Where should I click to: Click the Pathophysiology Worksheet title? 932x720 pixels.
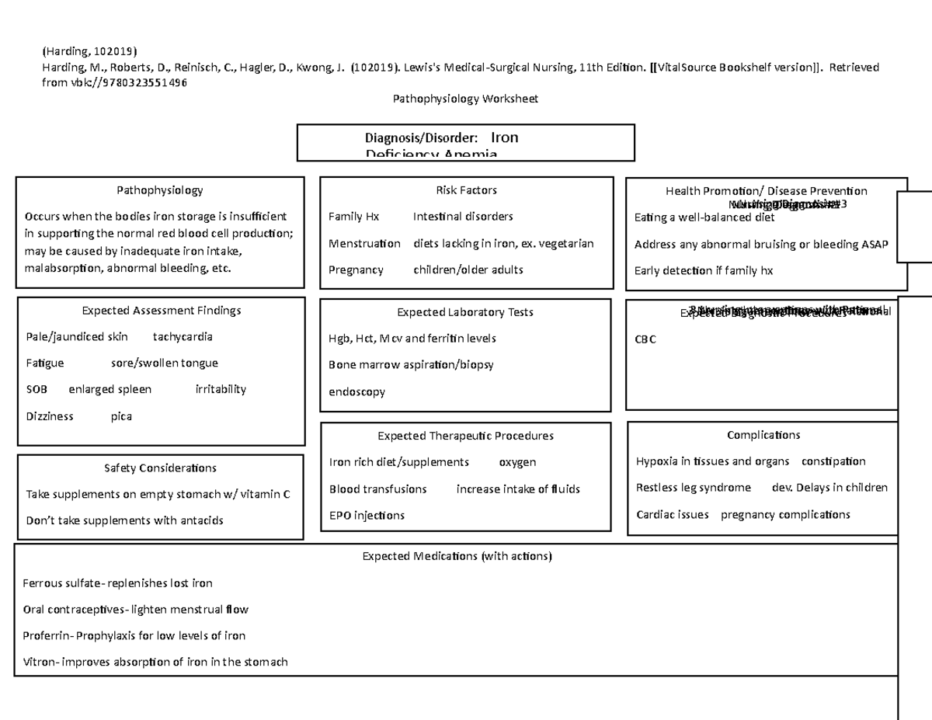pyautogui.click(x=465, y=99)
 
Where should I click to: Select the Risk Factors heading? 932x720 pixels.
pyautogui.click(x=466, y=190)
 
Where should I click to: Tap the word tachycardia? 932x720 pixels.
pyautogui.click(x=183, y=337)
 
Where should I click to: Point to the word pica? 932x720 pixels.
pyautogui.click(x=121, y=416)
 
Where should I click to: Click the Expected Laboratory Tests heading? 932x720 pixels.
pyautogui.click(x=464, y=312)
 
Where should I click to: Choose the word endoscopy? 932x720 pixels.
pyautogui.click(x=356, y=392)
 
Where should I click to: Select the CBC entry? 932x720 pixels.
pyautogui.click(x=645, y=339)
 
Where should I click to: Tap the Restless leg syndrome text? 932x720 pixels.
pyautogui.click(x=693, y=488)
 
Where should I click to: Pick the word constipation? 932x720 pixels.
pyautogui.click(x=833, y=461)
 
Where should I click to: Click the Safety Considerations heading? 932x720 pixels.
pyautogui.click(x=160, y=468)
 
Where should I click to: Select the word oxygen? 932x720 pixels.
pyautogui.click(x=517, y=462)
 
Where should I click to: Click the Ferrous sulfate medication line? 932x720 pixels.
pyautogui.click(x=117, y=583)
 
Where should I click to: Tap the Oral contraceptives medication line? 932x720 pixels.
pyautogui.click(x=136, y=610)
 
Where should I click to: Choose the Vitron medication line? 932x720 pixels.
pyautogui.click(x=155, y=663)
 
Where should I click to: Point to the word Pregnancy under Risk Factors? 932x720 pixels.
pyautogui.click(x=356, y=270)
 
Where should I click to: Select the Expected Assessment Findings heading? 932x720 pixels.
pyautogui.click(x=162, y=311)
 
